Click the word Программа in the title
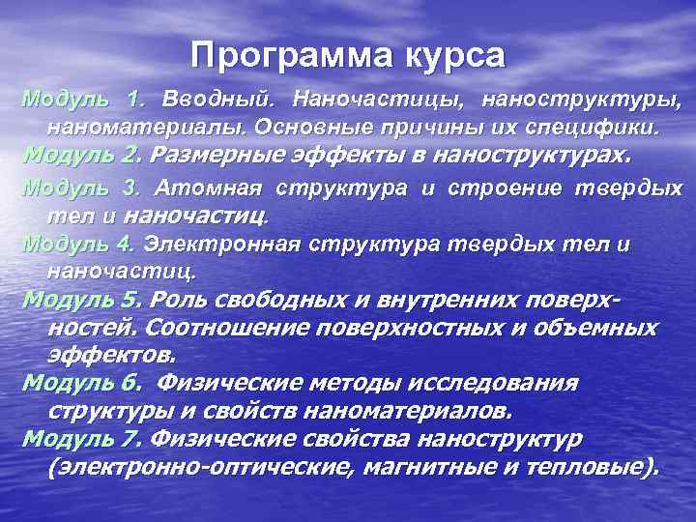tap(285, 55)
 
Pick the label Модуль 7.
tap(82, 439)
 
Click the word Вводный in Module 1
tap(218, 100)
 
